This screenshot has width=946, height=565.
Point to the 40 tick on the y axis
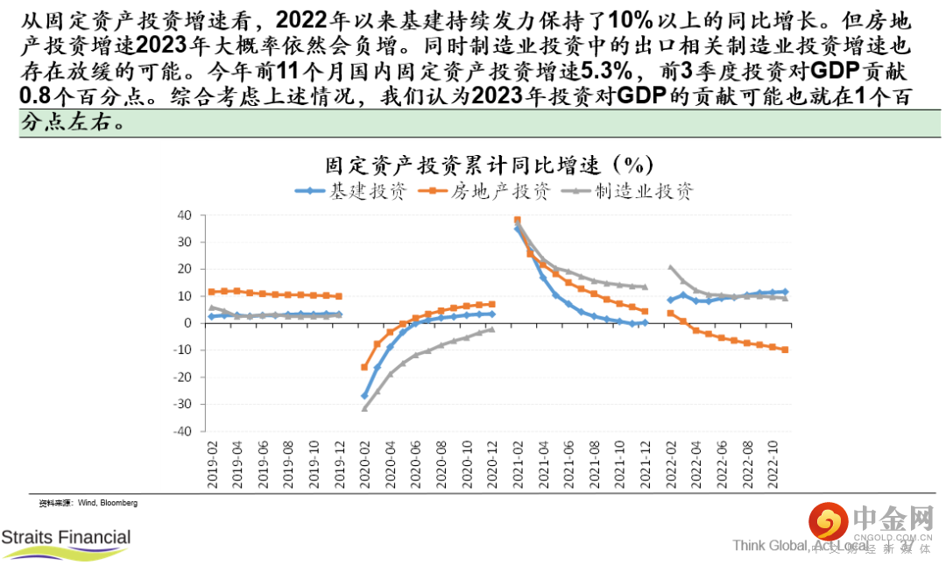click(x=184, y=215)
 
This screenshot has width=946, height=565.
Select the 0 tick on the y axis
click(x=187, y=323)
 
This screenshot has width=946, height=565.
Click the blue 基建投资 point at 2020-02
click(x=365, y=396)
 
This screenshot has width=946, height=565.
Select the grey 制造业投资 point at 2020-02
click(x=365, y=408)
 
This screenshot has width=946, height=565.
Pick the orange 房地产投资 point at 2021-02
click(x=517, y=220)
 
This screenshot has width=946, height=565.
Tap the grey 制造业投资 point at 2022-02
click(x=671, y=267)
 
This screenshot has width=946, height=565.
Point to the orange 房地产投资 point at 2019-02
click(x=212, y=292)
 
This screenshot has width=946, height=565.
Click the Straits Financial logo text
click(x=66, y=537)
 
